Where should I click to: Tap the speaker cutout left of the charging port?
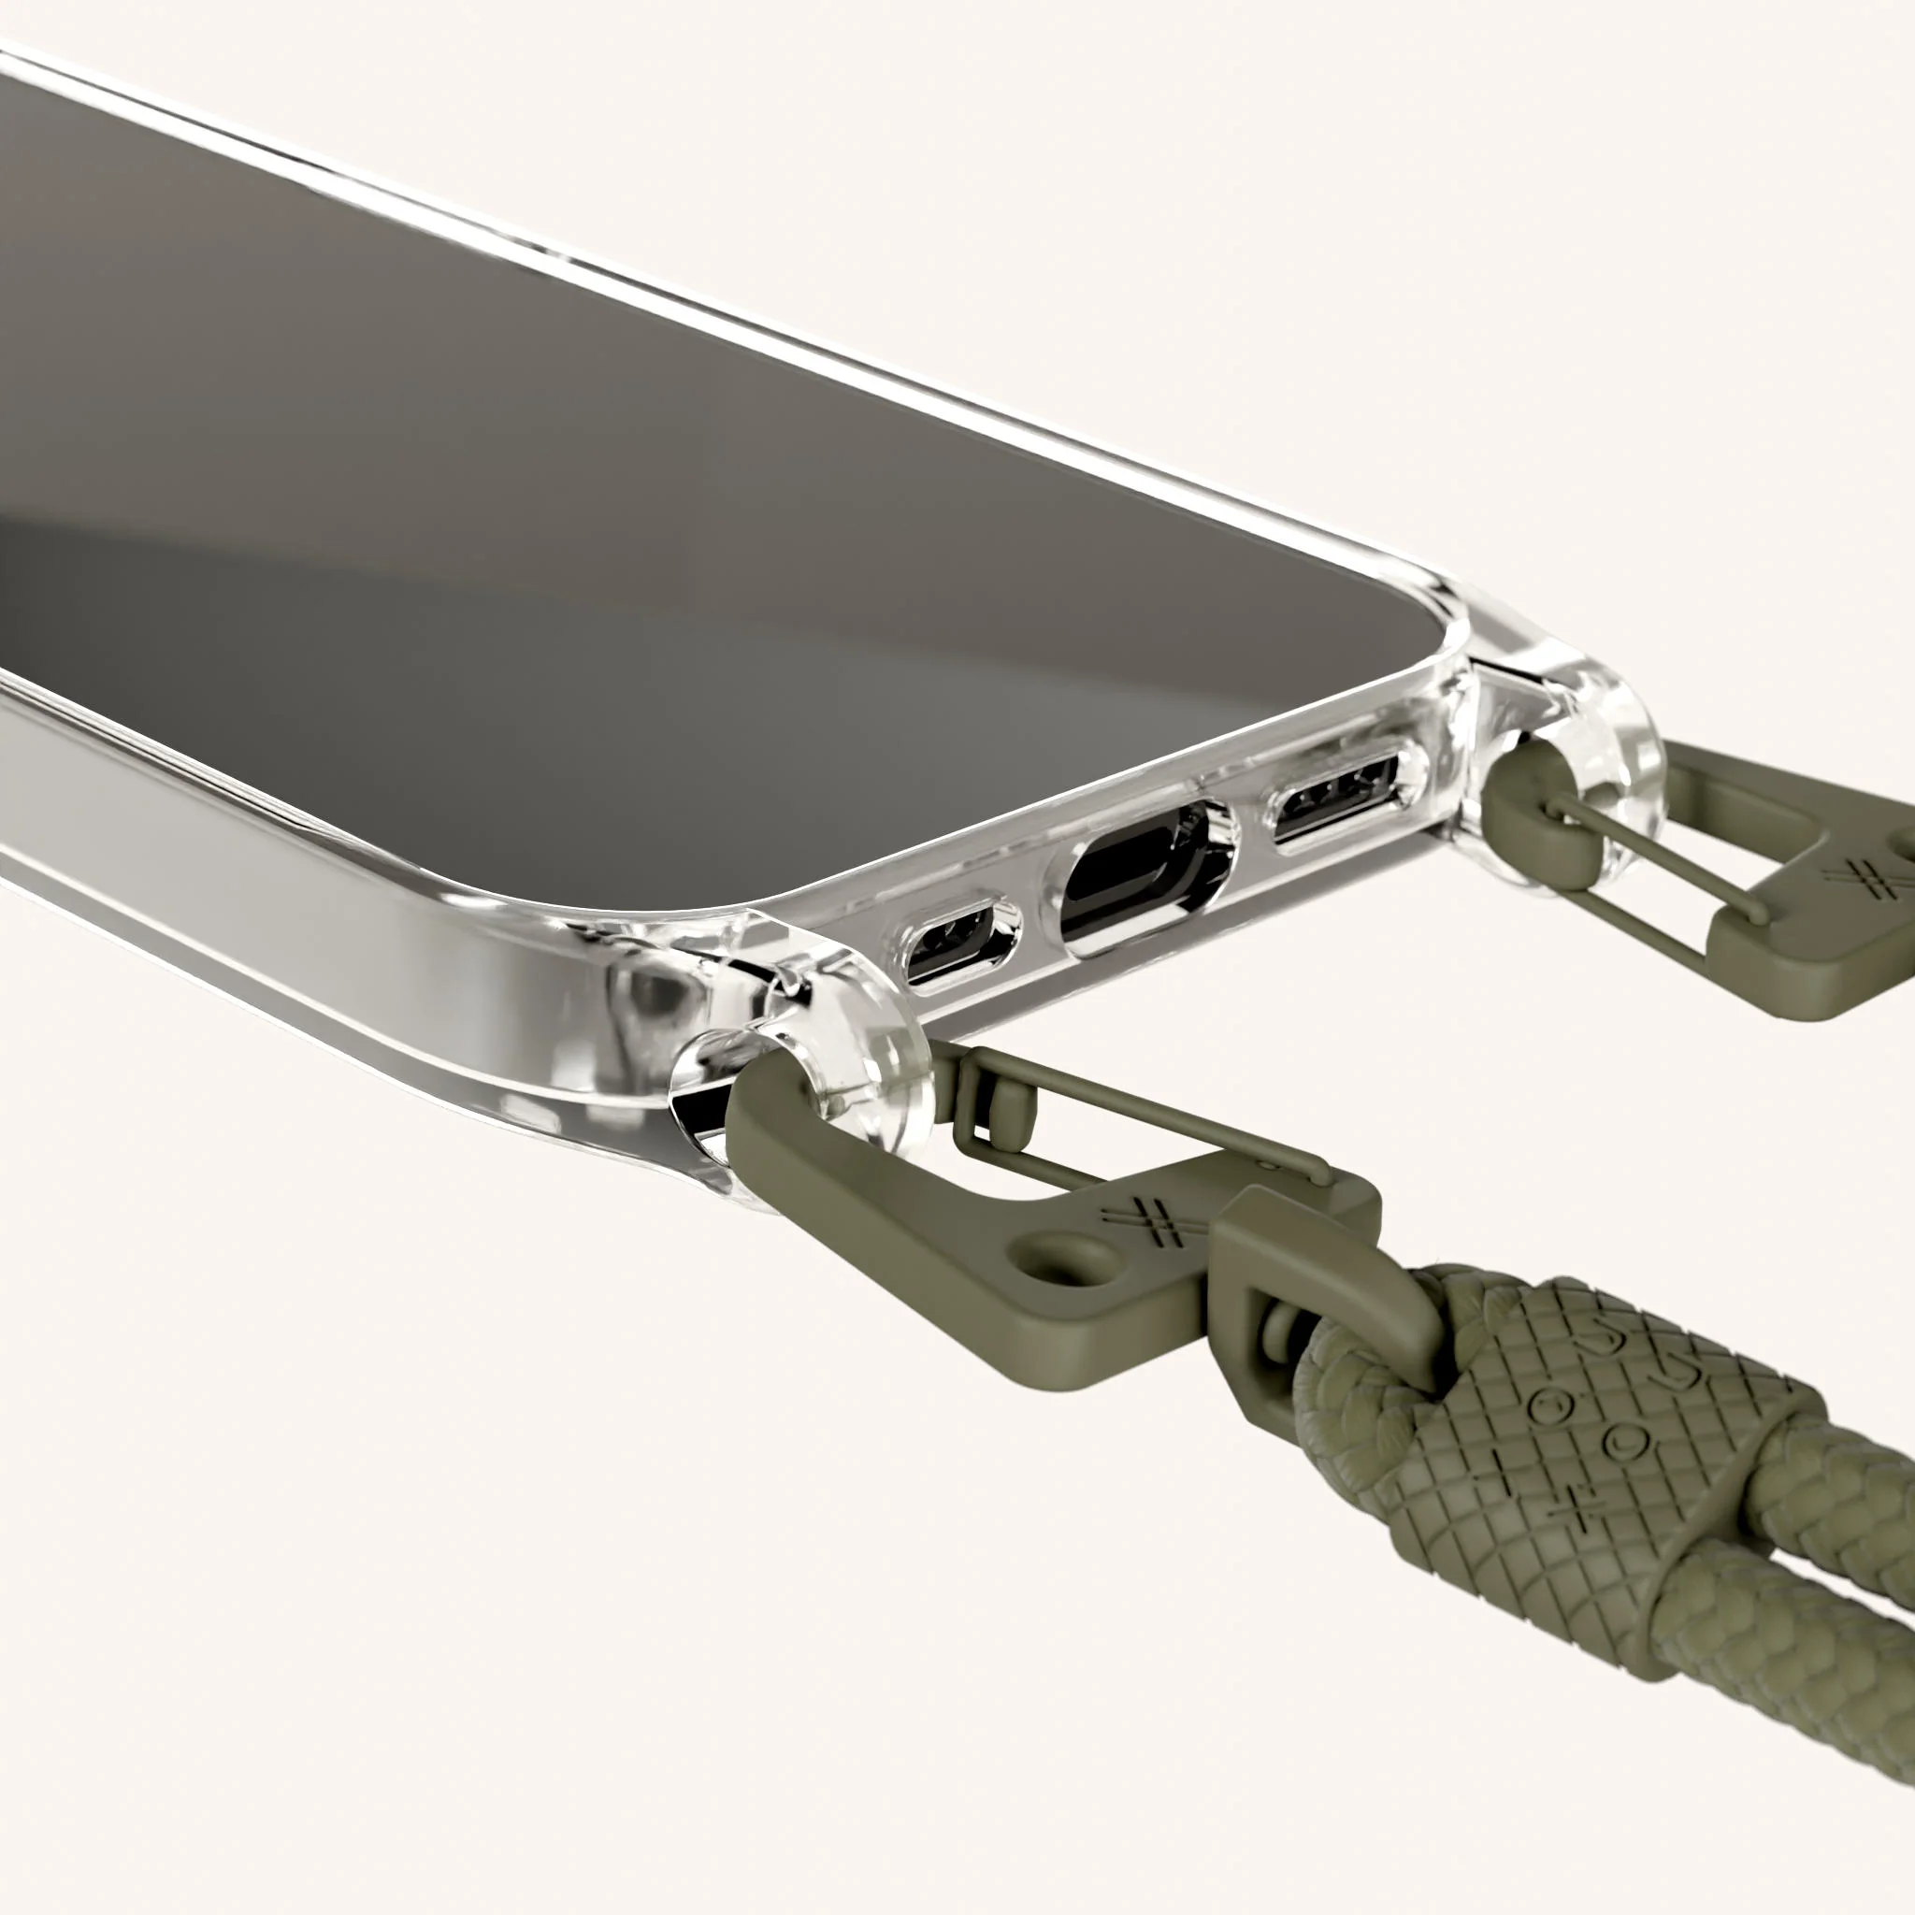point(959,942)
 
